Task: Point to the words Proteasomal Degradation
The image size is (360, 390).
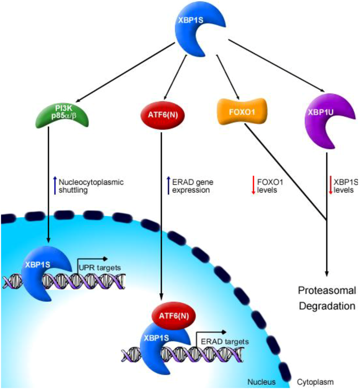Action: coord(327,298)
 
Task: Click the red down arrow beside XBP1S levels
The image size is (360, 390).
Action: coord(331,186)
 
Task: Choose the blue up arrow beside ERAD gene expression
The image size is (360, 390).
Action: coord(168,186)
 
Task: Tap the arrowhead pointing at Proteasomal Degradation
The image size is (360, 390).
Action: coord(327,274)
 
